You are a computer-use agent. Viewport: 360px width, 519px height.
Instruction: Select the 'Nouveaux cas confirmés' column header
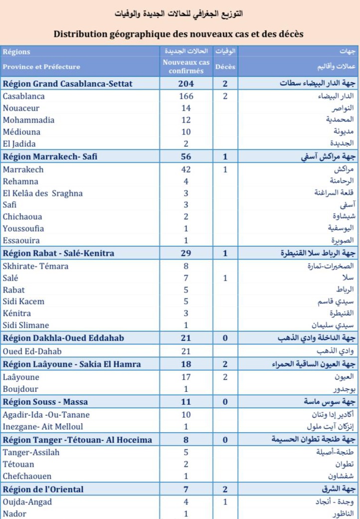pos(186,66)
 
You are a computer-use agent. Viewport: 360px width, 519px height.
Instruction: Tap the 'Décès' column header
pos(225,66)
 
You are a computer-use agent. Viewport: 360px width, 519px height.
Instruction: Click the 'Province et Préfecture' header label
pos(41,67)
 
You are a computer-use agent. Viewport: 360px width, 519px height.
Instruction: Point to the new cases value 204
pos(186,84)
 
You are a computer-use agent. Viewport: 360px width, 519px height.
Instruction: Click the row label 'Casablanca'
pos(23,96)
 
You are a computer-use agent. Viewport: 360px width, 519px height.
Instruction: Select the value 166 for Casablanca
pos(186,96)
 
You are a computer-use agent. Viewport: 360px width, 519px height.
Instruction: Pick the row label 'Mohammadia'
pos(28,120)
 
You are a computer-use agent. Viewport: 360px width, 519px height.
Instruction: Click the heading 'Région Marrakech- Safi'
pos(50,157)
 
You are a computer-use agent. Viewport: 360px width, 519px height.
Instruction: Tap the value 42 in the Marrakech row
pos(186,169)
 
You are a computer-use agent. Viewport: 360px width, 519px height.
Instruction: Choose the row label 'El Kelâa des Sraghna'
pos(42,193)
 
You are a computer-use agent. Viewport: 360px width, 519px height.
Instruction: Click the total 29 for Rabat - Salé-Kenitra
pos(186,253)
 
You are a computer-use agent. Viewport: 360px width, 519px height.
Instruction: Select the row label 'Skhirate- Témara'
pos(35,266)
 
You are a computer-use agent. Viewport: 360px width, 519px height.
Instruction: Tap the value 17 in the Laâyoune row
pos(186,377)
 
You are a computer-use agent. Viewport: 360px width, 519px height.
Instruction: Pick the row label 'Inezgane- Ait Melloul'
pos(43,426)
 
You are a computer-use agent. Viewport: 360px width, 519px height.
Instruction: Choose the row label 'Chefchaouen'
pos(27,476)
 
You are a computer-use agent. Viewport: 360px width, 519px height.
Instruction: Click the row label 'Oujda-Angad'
pos(27,502)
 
